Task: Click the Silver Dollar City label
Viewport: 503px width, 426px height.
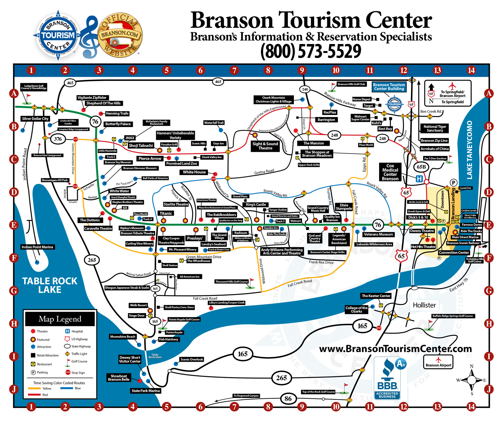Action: (35, 119)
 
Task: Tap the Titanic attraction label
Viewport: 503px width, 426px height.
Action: (166, 213)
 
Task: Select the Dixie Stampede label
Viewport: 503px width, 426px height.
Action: (344, 207)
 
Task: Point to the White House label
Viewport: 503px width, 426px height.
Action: (194, 172)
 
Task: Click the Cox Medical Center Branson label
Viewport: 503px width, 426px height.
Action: (390, 172)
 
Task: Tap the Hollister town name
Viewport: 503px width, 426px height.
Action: (424, 305)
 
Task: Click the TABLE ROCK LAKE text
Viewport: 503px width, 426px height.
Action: (50, 285)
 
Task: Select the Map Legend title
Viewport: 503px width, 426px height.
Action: (60, 319)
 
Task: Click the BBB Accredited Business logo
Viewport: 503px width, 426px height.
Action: (387, 379)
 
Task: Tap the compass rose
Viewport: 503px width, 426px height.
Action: (472, 380)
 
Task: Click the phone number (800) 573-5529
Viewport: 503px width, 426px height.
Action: (311, 51)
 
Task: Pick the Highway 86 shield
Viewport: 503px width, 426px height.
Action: (288, 399)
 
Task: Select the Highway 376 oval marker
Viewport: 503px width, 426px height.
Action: (58, 139)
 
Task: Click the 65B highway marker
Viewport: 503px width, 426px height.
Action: (421, 167)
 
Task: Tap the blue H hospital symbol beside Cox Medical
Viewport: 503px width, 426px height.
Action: (419, 179)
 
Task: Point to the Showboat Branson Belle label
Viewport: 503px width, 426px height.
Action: (119, 378)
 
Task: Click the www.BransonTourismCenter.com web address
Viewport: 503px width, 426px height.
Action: (395, 349)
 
